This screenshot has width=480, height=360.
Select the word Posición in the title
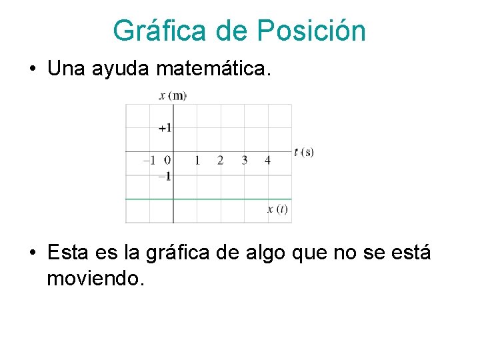311,31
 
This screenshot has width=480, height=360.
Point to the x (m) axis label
173,96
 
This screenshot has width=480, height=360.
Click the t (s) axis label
303,152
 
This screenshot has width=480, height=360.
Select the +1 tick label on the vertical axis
165,127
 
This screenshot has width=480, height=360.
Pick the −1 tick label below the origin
164,176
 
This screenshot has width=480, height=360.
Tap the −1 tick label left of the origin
149,160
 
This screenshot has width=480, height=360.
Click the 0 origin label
167,160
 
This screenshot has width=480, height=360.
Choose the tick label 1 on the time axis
197,160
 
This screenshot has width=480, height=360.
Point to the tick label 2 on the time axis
220,160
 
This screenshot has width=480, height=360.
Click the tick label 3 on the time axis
244,160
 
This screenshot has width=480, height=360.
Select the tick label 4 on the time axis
267,160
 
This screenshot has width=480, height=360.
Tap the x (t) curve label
277,209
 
